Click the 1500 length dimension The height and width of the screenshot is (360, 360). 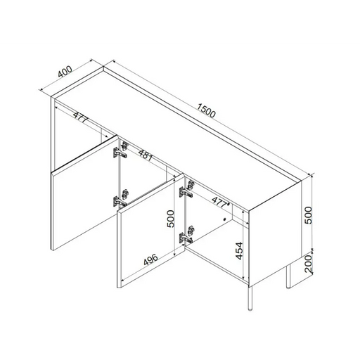[206, 110]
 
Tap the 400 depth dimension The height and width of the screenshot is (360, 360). [65, 72]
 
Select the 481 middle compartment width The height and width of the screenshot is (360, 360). [146, 155]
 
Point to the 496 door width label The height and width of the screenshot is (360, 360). [150, 259]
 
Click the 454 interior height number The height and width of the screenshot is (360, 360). [239, 251]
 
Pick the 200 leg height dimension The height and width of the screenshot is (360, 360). [309, 264]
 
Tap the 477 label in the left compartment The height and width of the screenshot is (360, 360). [80, 117]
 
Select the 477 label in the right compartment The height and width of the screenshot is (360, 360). [219, 202]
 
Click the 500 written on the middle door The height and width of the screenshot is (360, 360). [171, 219]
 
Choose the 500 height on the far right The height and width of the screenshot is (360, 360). [308, 215]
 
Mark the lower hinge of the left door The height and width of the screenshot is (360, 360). [120, 198]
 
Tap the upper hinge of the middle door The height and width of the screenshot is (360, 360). [187, 188]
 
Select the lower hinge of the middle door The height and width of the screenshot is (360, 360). [187, 235]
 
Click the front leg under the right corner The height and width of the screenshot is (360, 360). [250, 298]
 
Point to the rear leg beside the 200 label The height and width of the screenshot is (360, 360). [288, 276]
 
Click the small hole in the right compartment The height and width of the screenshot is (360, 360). [225, 219]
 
